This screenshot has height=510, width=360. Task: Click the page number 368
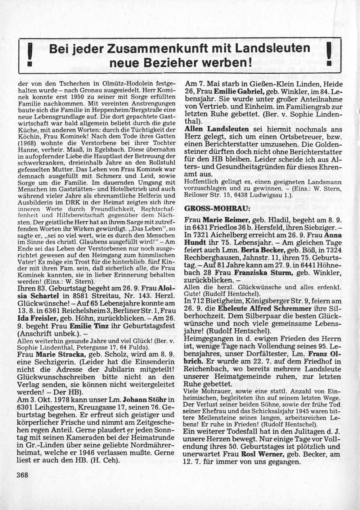pyautogui.click(x=22, y=474)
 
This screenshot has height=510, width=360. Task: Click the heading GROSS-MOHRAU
pyautogui.click(x=207, y=209)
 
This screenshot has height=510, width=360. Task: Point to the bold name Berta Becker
pyautogui.click(x=262, y=249)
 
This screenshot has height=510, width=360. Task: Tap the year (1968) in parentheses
pyautogui.click(x=26, y=143)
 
